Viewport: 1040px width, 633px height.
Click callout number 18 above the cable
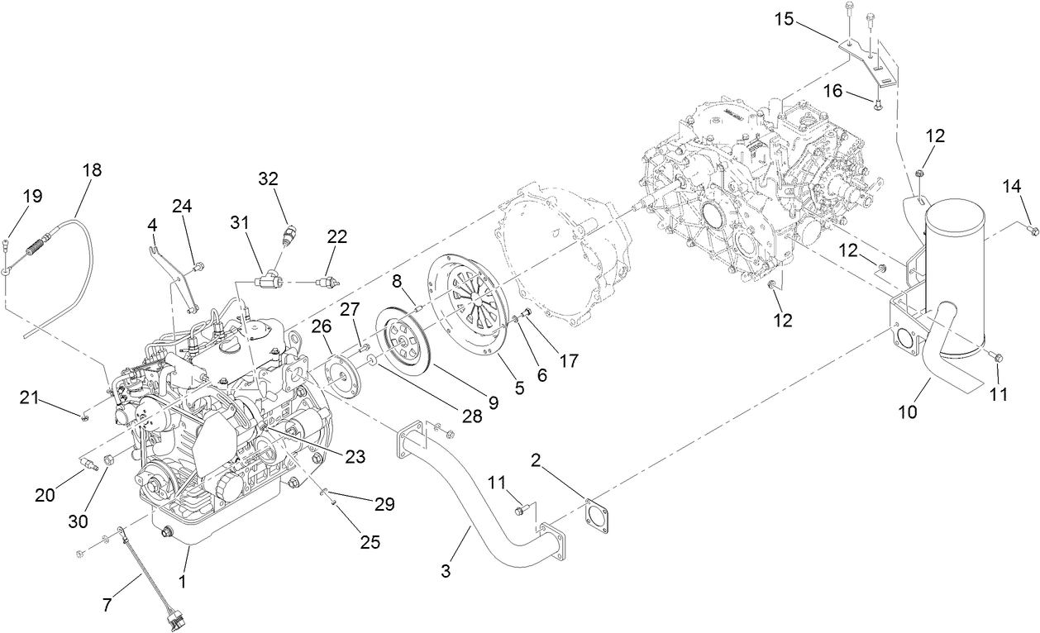click(x=92, y=170)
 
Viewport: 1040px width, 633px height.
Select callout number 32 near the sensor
click(x=269, y=178)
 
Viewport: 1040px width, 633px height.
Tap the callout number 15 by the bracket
click(x=785, y=18)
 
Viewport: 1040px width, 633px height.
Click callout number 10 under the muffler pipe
click(x=908, y=411)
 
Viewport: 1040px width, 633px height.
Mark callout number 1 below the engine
click(x=182, y=581)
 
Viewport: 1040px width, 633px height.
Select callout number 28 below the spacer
click(x=472, y=416)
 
